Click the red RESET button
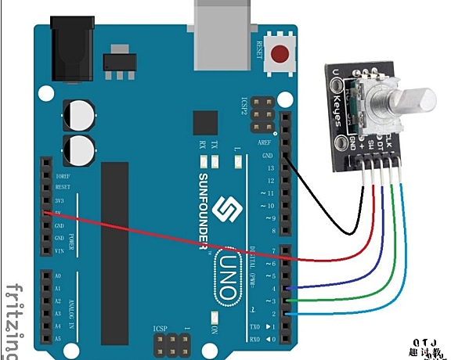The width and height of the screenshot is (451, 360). (280, 54)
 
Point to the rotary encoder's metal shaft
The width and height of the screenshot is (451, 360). (412, 102)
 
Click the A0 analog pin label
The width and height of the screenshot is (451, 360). (56, 276)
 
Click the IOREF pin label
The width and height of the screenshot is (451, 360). (62, 177)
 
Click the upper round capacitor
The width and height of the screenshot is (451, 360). (81, 114)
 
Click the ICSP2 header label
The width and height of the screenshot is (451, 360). (244, 106)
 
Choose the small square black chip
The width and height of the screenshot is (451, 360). (205, 122)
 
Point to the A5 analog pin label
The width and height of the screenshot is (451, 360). (56, 339)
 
